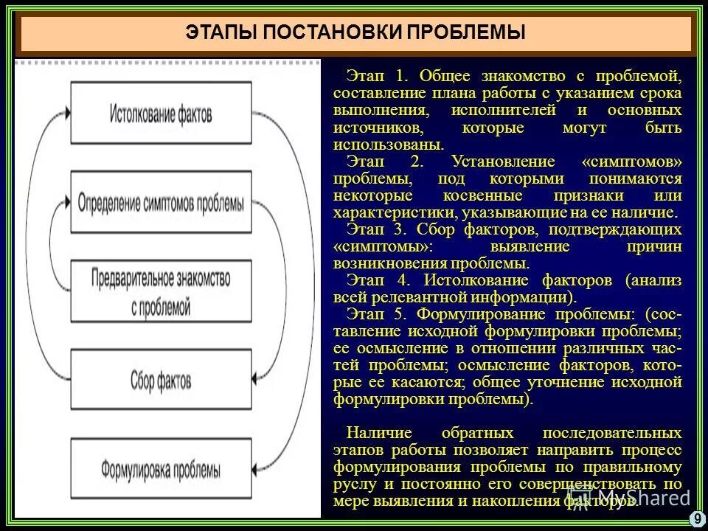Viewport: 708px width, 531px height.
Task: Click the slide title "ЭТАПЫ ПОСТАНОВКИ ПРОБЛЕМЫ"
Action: coord(355,33)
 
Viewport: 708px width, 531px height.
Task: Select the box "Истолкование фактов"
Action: coord(161,113)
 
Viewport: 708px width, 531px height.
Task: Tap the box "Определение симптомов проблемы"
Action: coord(161,201)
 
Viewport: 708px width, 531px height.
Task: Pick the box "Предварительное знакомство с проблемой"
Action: coord(161,291)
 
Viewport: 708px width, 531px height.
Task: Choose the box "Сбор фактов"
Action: coord(161,380)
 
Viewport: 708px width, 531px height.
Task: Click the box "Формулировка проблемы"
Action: coord(161,468)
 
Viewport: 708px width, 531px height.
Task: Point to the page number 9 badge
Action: coord(697,518)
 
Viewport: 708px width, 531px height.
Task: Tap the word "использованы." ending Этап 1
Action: coord(378,145)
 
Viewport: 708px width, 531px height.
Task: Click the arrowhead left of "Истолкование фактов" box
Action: coord(68,113)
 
